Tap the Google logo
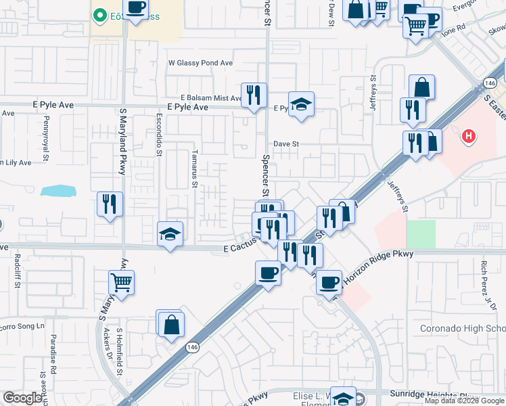[x=23, y=399]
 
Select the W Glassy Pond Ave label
[x=200, y=63]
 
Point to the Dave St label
[x=286, y=143]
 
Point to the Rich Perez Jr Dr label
[x=485, y=277]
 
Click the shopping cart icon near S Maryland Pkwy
[x=121, y=282]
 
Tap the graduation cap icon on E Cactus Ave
[x=170, y=234]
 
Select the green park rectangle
[x=421, y=234]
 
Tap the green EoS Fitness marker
[x=99, y=14]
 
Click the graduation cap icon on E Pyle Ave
[x=302, y=104]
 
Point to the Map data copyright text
[x=464, y=401]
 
